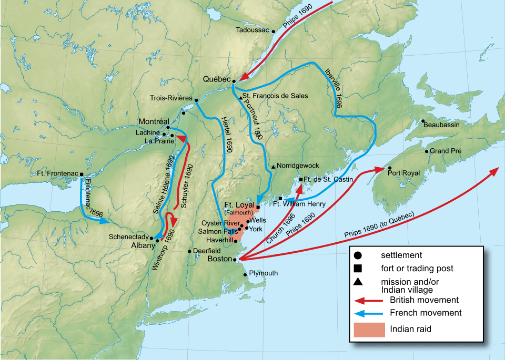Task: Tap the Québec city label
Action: click(217, 79)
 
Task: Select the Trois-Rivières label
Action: click(171, 98)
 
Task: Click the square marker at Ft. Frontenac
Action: click(82, 173)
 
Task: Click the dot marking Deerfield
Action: click(190, 251)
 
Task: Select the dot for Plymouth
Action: click(245, 275)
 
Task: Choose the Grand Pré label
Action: click(446, 151)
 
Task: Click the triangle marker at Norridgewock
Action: click(274, 166)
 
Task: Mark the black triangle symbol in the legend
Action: click(358, 281)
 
